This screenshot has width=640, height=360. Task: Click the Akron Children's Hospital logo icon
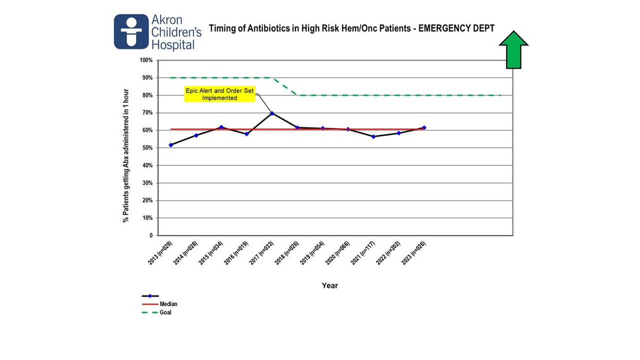(x=131, y=31)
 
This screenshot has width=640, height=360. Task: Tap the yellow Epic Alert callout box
(x=220, y=94)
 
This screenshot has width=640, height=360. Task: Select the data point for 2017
(x=272, y=114)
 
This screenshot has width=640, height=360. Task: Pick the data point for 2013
(x=171, y=145)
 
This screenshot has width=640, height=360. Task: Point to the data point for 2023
(x=424, y=127)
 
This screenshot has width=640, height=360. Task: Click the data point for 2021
(x=373, y=137)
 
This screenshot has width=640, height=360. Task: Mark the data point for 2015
(x=221, y=127)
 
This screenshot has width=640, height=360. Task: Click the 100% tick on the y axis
(x=146, y=60)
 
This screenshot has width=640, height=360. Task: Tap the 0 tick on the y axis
(x=150, y=235)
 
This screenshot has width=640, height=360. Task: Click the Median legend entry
(x=169, y=304)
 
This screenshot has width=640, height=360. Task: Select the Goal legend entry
(x=165, y=313)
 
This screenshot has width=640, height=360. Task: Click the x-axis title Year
(x=330, y=286)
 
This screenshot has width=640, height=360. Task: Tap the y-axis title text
(x=126, y=155)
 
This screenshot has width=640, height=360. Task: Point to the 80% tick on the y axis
(x=147, y=95)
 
